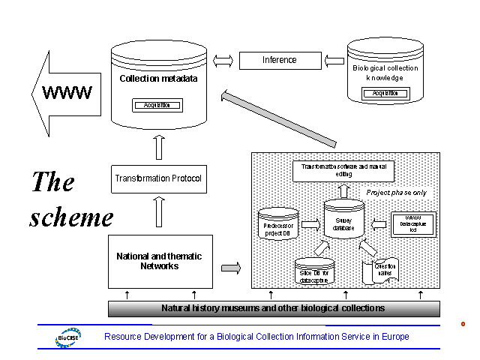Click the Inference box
point(279,60)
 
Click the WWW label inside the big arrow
point(67,93)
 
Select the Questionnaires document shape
point(379,271)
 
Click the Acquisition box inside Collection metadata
point(157,105)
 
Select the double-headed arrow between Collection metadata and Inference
point(223,60)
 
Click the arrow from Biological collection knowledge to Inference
point(334,60)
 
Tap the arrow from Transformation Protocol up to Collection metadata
point(159,146)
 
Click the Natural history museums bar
point(274,308)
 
